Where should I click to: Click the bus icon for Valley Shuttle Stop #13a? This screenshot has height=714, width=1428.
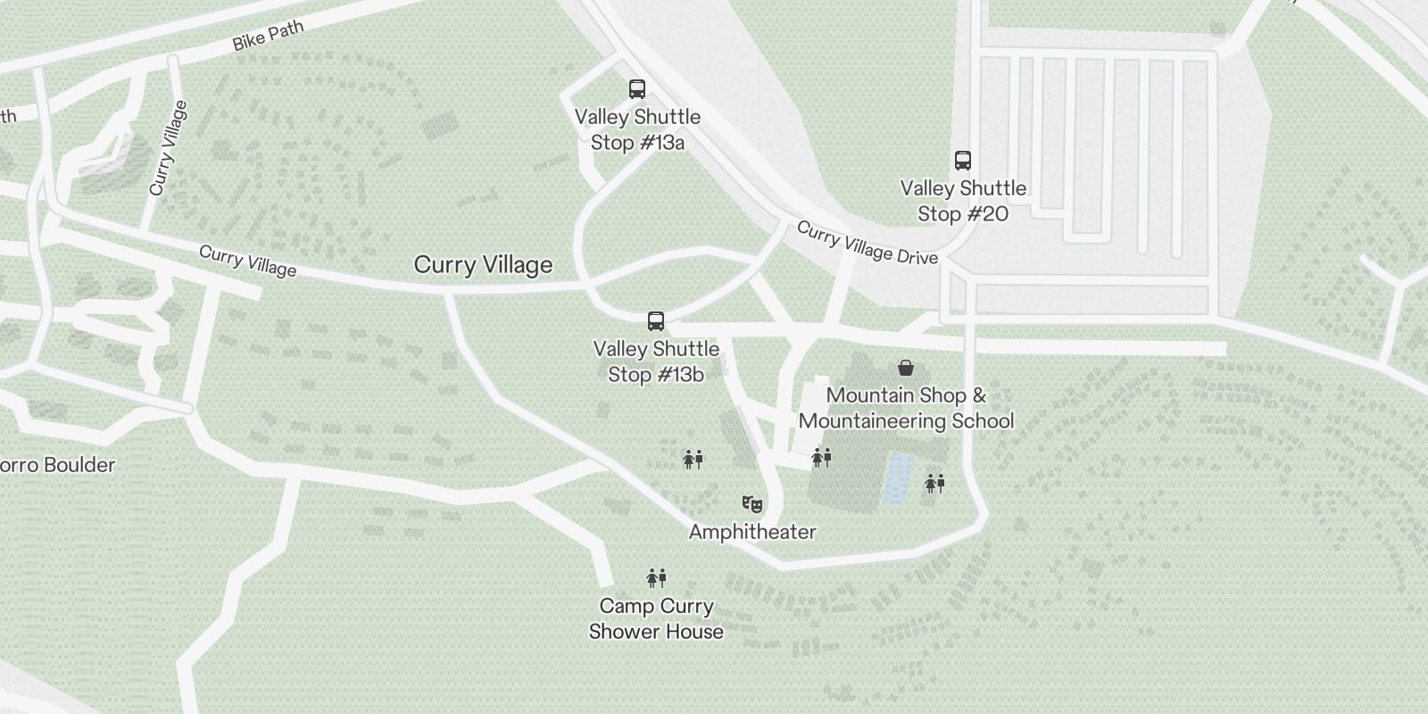(636, 89)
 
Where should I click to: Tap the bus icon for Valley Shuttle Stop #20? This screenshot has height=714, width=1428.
(962, 161)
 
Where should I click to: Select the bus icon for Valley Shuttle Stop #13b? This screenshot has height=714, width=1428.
(656, 321)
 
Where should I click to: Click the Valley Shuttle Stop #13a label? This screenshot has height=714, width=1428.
(637, 129)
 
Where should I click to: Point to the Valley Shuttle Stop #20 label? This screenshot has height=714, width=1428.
(963, 201)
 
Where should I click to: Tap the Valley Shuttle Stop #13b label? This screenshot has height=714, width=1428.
(656, 361)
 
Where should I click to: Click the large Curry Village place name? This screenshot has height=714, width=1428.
(483, 265)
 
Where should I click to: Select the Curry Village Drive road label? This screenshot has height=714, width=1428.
(867, 243)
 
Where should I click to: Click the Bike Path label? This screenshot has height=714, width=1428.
(268, 36)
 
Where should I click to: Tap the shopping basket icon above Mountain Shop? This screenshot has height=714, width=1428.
(906, 368)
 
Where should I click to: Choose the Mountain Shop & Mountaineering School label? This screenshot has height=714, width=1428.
(906, 408)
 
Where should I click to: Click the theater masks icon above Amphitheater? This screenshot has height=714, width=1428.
(752, 505)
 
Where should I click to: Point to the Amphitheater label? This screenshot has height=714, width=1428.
(752, 532)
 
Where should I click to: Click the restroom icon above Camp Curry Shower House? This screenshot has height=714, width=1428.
(656, 578)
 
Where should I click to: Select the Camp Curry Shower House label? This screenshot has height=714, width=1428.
(656, 619)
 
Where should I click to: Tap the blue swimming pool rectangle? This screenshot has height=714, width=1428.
(898, 477)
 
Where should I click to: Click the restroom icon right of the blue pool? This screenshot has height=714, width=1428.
(934, 484)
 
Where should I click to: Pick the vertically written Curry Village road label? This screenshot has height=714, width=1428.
(169, 148)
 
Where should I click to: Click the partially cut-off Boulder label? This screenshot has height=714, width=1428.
(57, 465)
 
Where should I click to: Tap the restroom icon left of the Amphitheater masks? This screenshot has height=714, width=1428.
(693, 460)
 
